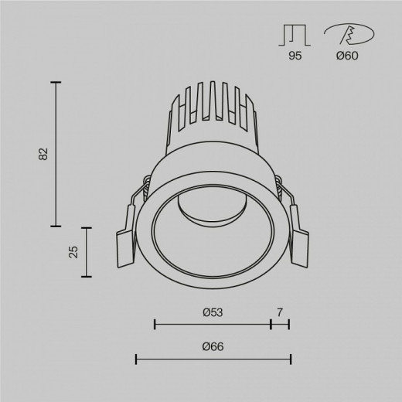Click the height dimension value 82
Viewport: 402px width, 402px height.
tap(43, 154)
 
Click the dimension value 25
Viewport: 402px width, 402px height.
tap(73, 251)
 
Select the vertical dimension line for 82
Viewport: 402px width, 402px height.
tap(56, 154)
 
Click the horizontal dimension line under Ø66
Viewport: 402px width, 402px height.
tap(213, 358)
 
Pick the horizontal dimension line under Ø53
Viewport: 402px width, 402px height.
tap(213, 323)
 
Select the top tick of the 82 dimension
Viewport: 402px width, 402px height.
tap(56, 81)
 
